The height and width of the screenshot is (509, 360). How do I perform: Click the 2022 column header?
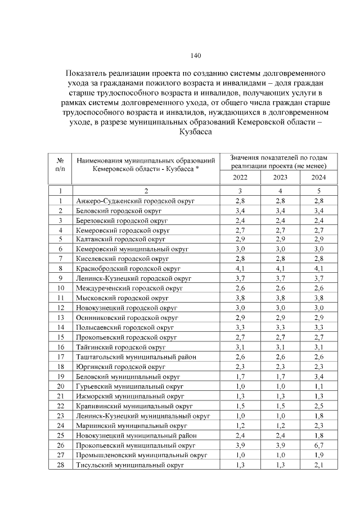coord(240,178)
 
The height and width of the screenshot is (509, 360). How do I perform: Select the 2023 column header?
coord(280,178)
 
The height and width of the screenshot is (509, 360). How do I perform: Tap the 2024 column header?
coord(319,178)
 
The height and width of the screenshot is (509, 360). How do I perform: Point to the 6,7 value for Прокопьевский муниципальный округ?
coord(319,445)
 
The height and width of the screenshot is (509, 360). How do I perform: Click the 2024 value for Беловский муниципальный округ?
coord(319,377)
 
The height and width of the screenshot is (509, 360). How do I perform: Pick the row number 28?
coord(60,465)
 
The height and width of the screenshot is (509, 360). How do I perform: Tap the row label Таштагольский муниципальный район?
coord(136,357)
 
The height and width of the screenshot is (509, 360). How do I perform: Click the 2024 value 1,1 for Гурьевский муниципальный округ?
coord(319,387)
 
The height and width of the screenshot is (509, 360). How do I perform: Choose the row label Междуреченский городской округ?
coord(129,289)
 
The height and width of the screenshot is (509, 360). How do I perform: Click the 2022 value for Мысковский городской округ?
coord(240,298)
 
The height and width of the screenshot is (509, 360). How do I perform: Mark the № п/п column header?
coord(60,163)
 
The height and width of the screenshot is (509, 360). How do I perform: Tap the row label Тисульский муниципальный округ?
coord(129,465)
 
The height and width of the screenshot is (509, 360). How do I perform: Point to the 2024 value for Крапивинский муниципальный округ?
coord(319,406)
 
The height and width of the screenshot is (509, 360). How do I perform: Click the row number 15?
coord(60,337)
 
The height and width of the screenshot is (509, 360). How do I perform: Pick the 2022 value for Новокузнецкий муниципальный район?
coord(240,435)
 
